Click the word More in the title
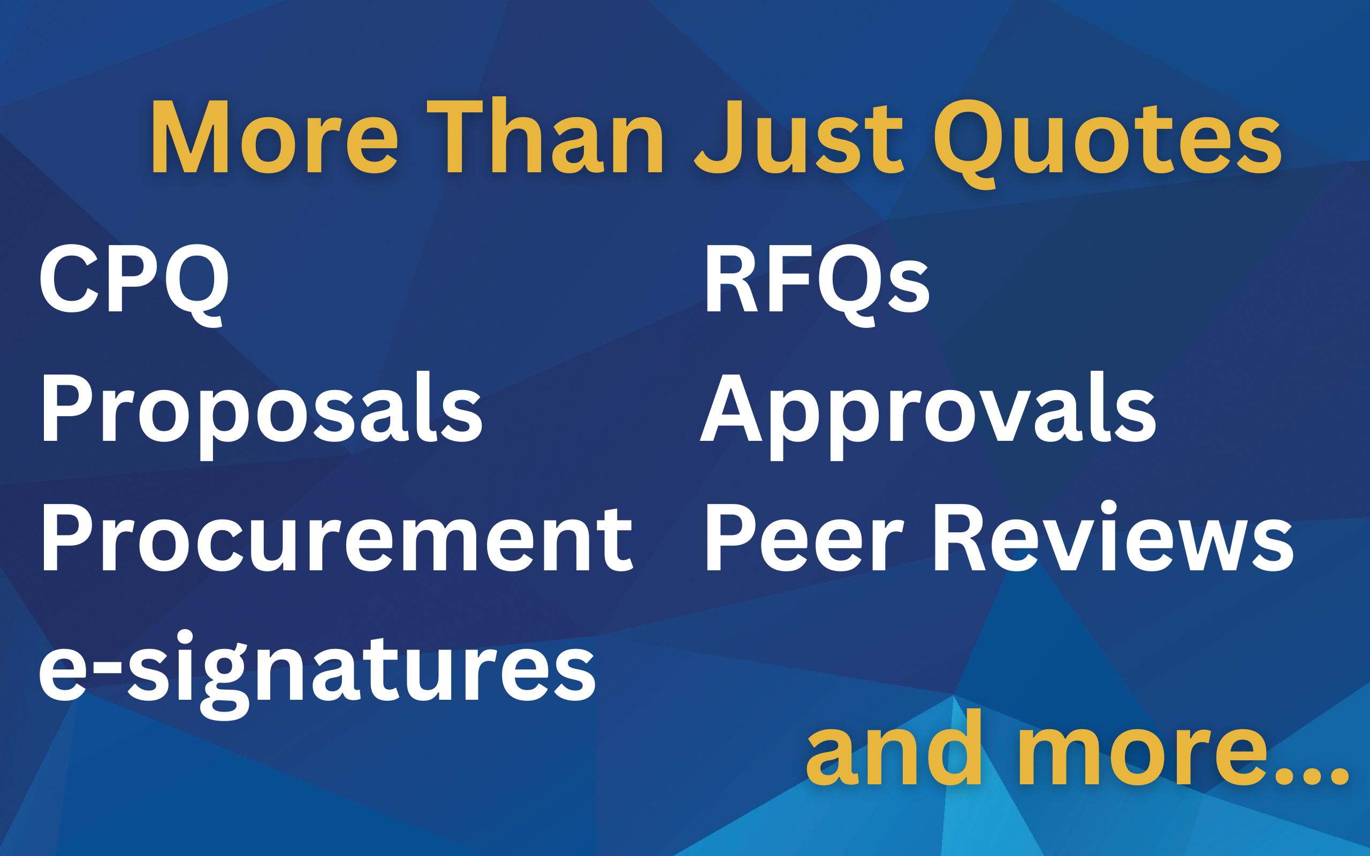click(x=276, y=136)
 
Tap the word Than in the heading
click(x=544, y=135)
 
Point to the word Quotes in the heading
click(x=1107, y=144)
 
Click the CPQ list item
click(x=134, y=285)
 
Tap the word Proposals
click(x=262, y=416)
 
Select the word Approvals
click(x=928, y=416)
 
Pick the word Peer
click(x=804, y=537)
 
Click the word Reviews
click(x=1114, y=536)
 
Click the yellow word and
click(x=894, y=747)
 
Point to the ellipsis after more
click(x=1311, y=775)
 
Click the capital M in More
click(x=190, y=136)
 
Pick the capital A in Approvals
click(x=732, y=408)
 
